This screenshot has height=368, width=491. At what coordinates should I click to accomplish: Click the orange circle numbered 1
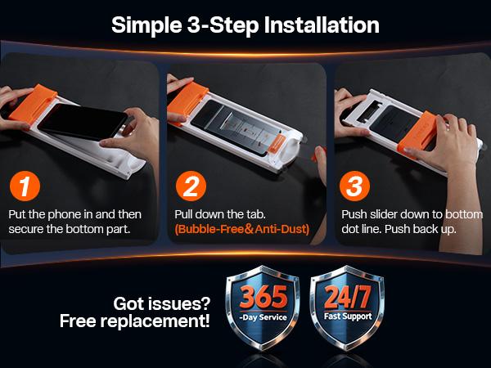point(25,186)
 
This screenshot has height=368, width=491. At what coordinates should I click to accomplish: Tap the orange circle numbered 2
point(191,186)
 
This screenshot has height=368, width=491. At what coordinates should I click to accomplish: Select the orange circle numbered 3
point(355,186)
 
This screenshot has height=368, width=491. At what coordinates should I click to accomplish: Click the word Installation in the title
point(322,25)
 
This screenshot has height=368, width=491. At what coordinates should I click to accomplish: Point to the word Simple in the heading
point(146,25)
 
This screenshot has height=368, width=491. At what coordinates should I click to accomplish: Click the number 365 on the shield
point(263,297)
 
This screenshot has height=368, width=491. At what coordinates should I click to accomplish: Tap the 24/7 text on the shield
point(348,297)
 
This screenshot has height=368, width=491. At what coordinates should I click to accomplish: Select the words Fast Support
point(348,316)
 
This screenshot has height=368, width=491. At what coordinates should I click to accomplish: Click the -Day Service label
point(263,317)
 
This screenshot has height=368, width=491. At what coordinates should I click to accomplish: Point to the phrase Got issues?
point(162,303)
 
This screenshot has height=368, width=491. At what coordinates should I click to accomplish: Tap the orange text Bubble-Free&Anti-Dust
point(242,229)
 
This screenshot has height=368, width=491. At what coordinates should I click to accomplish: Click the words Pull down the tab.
point(220,214)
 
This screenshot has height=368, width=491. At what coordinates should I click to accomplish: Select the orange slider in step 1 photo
point(33,103)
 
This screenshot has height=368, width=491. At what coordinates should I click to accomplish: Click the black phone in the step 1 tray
point(83,123)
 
